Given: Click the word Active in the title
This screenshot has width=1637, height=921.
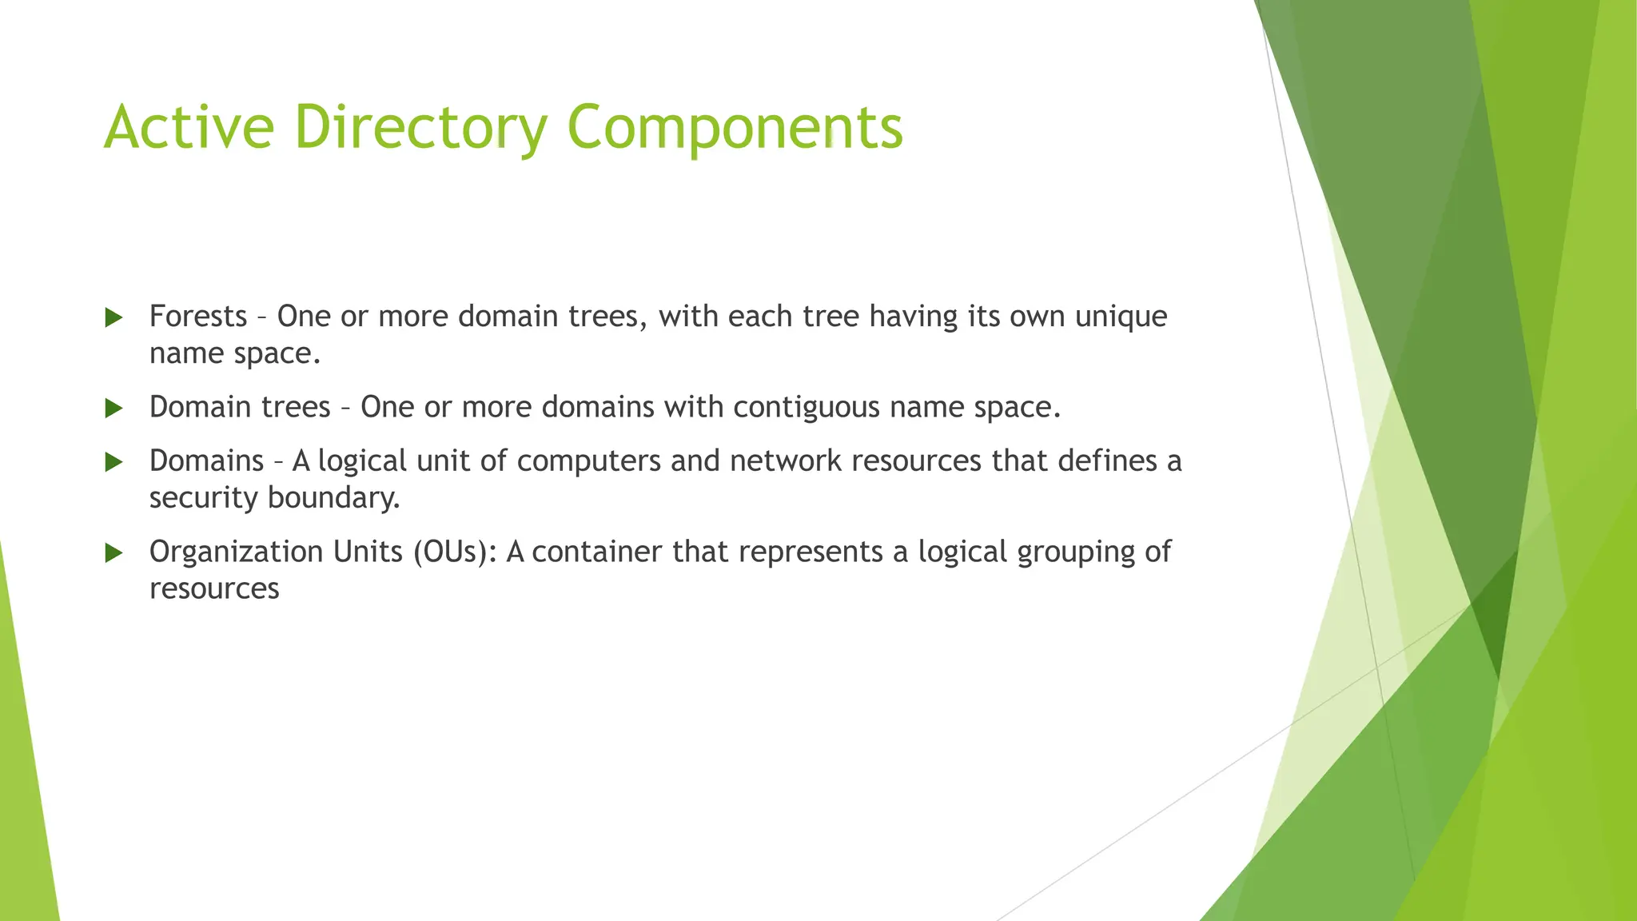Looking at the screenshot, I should point(189,126).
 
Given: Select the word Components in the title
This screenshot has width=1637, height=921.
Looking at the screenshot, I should point(735,128).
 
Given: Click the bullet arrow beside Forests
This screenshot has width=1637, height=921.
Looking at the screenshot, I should point(114,317).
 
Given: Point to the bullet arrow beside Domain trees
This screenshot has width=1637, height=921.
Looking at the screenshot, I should point(114,409).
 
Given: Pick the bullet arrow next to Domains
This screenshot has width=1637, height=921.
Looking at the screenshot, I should point(114,462).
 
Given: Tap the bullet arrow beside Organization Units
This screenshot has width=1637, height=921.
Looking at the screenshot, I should point(114,552).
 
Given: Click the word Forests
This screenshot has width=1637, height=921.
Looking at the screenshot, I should point(198,317).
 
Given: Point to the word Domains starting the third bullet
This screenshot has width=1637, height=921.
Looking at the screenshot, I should point(206,461).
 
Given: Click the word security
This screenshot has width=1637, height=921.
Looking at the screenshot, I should point(204,498).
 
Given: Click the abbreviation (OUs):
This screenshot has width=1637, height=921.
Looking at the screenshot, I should point(455,552).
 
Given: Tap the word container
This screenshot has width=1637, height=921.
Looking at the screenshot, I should point(597,552).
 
